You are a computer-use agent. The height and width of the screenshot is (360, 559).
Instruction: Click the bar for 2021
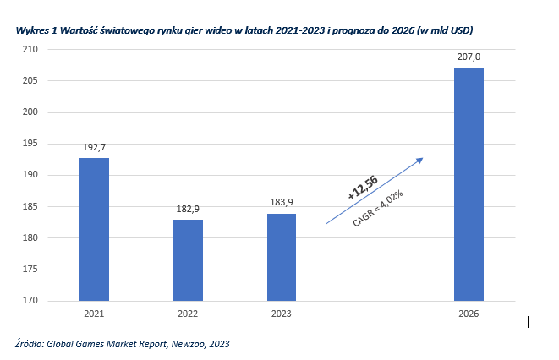tap(94, 229)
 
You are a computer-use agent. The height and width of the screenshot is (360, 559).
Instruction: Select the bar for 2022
tap(188, 259)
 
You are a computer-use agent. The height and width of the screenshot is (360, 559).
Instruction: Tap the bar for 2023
tap(282, 257)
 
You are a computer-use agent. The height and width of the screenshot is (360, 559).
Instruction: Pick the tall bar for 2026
tap(469, 184)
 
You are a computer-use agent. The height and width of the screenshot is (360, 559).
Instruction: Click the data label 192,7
tap(94, 147)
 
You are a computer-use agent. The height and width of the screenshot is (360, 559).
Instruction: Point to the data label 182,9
tap(188, 209)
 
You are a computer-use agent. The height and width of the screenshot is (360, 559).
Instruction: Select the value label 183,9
tap(282, 203)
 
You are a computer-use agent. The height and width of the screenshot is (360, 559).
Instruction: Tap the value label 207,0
tap(469, 57)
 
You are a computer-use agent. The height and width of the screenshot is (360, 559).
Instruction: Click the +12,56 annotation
tap(362, 188)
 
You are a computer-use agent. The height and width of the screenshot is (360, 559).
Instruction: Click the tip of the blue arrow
tap(422, 158)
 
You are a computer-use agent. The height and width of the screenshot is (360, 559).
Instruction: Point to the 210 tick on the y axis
tap(30, 50)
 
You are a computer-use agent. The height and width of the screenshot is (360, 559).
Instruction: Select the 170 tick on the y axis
tap(30, 301)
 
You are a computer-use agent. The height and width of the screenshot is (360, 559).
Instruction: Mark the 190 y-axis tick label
tap(30, 175)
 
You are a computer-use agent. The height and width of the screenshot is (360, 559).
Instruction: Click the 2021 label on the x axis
tap(94, 314)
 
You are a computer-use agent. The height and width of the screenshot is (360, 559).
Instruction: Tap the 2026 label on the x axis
tap(469, 314)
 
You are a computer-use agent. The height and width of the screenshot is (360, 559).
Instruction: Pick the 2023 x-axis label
tap(282, 314)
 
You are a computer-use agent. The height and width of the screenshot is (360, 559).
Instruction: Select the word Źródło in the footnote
tap(30, 344)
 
